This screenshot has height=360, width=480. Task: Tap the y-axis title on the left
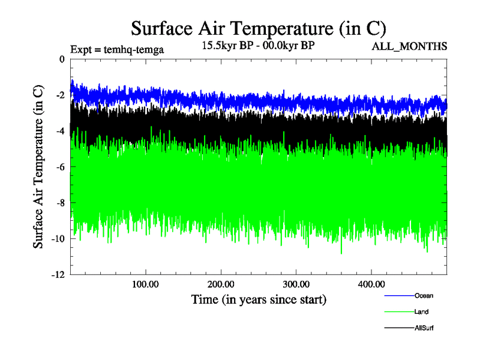coord(38,167)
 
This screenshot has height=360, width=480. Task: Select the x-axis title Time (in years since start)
coord(259,299)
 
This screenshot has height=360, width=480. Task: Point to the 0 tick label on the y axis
coord(61,59)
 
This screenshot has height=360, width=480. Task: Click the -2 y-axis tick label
coord(59,95)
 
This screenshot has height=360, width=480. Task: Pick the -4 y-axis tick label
coord(59,131)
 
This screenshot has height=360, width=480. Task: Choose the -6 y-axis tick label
coord(59,167)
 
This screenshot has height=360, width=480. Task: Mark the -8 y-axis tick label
coord(59,203)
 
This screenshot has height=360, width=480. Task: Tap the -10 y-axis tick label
coord(57,239)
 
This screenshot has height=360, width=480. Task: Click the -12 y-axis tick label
coord(57,275)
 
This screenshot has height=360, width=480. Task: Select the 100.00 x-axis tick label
coord(145,284)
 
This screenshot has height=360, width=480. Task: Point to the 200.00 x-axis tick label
coord(221,284)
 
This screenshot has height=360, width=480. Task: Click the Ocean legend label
coord(423,296)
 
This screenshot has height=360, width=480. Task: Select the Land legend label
coord(421,312)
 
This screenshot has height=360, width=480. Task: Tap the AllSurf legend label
coord(424,328)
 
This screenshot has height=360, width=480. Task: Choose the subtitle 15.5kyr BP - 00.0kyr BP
coord(259,46)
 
